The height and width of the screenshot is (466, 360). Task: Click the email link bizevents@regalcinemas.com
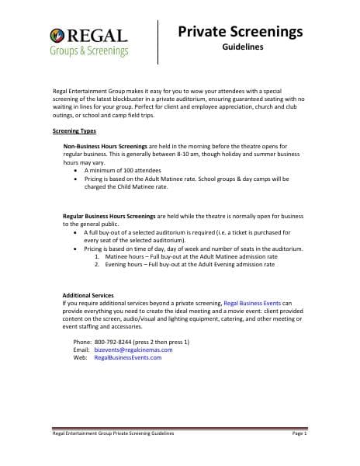pyautogui.click(x=133, y=349)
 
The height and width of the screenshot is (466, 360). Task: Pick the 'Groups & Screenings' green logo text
pyautogui.click(x=89, y=51)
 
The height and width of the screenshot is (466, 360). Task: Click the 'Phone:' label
pyautogui.click(x=81, y=342)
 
